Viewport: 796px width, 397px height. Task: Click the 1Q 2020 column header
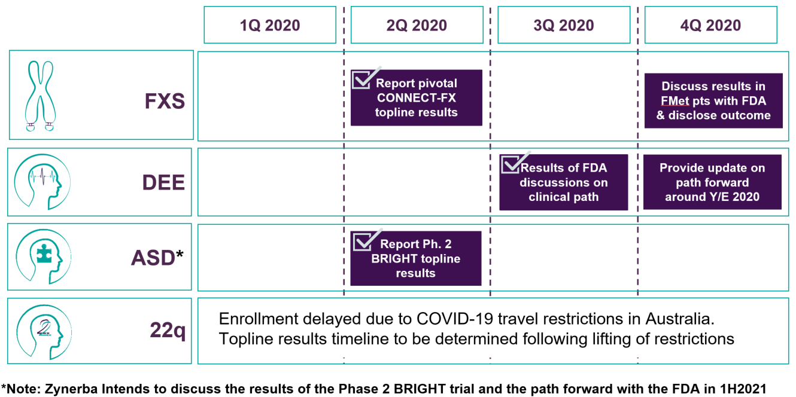point(270,25)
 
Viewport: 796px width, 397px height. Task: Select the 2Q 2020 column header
point(417,25)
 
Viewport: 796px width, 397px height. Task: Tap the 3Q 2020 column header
point(564,25)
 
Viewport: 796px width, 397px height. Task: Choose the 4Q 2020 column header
point(711,25)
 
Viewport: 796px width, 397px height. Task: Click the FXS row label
point(165,101)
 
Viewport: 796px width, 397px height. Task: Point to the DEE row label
point(163,182)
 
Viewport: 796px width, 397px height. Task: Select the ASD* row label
point(157,257)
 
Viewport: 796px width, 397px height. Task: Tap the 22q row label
point(168,330)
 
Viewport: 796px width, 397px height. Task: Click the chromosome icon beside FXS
point(41,96)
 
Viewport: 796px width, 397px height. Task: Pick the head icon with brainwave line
point(42,181)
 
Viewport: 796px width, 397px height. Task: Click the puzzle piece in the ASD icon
point(44,254)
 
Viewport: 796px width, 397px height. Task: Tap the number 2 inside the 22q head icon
point(44,328)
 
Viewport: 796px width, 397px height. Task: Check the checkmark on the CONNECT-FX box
point(366,78)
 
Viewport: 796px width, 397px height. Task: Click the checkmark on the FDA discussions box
point(515,162)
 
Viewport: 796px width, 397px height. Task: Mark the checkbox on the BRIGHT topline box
point(367,240)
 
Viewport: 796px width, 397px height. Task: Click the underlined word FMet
point(675,101)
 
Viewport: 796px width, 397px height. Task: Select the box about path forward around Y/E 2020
point(712,182)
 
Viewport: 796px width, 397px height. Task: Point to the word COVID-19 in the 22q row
point(455,319)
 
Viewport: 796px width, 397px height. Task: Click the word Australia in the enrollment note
point(680,319)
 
